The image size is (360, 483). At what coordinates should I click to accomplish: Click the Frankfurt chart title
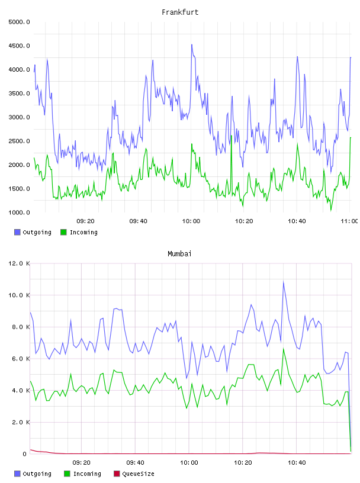(180, 12)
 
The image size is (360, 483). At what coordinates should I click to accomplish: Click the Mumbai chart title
(179, 254)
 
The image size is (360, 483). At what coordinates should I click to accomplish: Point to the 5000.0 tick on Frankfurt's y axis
(19, 22)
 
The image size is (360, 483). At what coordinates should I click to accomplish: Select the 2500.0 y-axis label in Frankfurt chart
(19, 141)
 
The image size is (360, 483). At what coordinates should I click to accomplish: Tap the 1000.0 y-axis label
(19, 212)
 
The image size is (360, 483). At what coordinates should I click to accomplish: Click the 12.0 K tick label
(19, 263)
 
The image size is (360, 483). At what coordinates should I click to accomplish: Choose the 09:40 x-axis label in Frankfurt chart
(138, 221)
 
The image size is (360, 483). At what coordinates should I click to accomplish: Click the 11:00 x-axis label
(349, 221)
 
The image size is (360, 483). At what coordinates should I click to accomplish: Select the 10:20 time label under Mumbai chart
(243, 463)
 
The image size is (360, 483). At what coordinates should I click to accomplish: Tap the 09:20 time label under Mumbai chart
(81, 463)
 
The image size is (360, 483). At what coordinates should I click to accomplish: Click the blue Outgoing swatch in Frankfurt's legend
(17, 232)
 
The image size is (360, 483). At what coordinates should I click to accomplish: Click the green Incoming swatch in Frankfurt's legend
(63, 232)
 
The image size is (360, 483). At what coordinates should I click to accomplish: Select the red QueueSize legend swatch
(117, 474)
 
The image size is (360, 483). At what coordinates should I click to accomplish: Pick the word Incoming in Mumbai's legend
(87, 474)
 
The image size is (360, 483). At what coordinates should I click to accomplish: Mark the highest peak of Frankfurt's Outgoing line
(192, 44)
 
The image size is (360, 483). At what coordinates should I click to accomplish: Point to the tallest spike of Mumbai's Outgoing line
(283, 282)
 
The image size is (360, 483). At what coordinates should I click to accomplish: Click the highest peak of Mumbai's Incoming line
(283, 349)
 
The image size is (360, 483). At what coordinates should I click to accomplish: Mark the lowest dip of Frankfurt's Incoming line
(331, 210)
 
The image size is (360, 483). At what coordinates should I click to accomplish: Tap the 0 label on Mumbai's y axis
(25, 454)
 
